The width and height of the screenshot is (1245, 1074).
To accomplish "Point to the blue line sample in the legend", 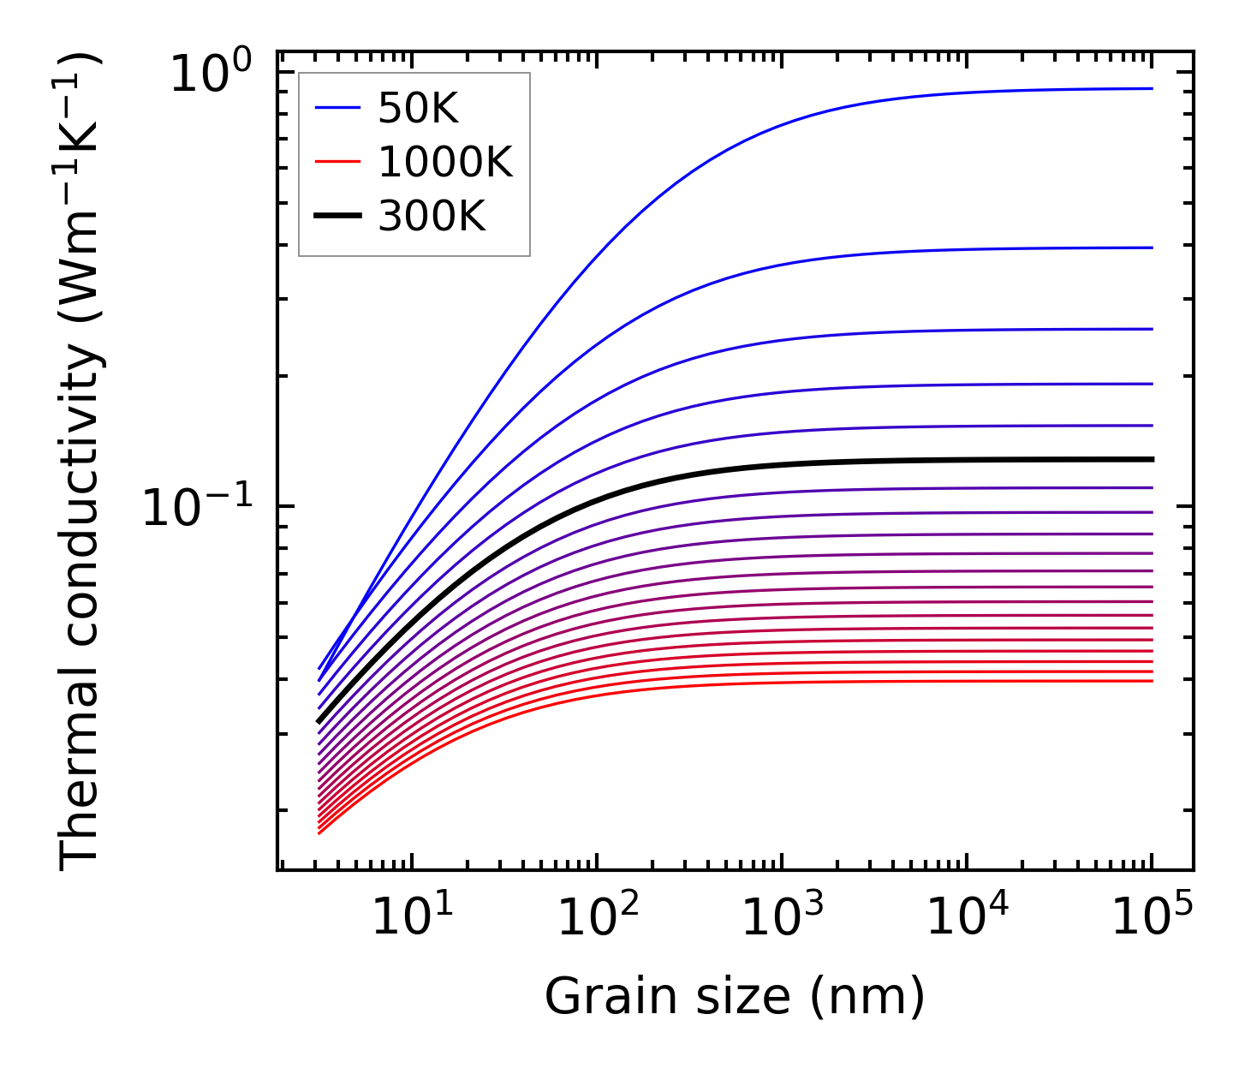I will click(338, 108).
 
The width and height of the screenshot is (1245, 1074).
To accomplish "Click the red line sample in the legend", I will click(338, 162).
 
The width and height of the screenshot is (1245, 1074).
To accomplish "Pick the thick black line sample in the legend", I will click(338, 216).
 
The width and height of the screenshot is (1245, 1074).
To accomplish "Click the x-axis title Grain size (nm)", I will click(735, 997).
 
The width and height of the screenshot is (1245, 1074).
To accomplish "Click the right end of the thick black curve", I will click(1153, 460).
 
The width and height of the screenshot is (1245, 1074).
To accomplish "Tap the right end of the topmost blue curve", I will click(1153, 88).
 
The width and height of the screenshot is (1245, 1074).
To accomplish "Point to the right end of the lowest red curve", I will click(1153, 681).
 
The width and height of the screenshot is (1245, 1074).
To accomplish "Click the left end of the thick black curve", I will click(319, 722).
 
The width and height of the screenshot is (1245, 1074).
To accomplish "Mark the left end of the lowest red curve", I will click(319, 832).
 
